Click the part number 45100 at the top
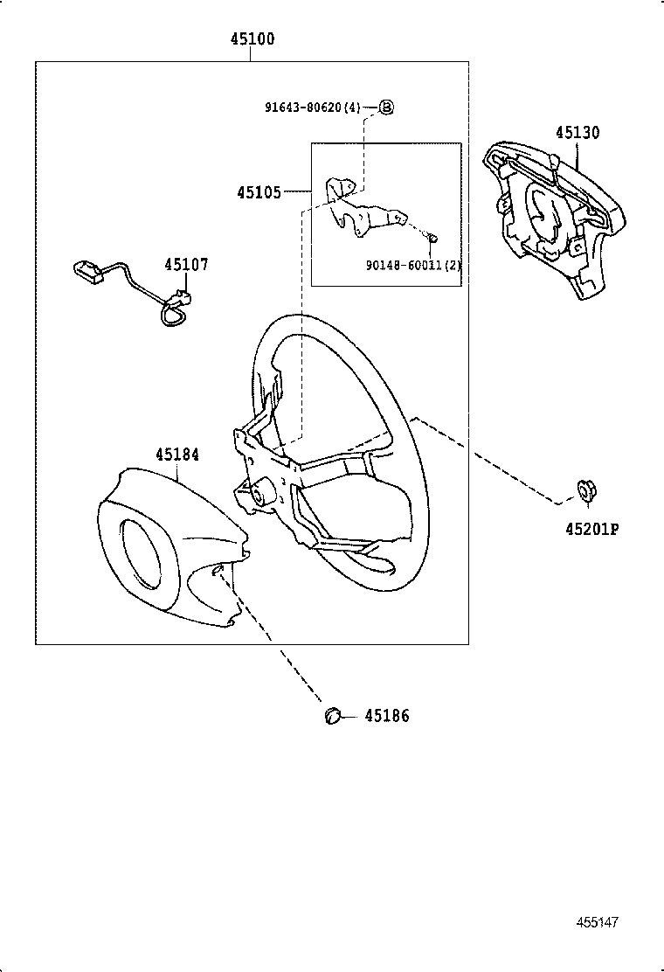(x=252, y=39)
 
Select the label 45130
(x=578, y=133)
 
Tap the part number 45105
(x=259, y=192)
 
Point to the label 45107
(x=186, y=265)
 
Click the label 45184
(x=177, y=455)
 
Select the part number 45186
(x=386, y=716)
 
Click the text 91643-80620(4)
(x=312, y=108)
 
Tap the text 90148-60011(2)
(x=413, y=266)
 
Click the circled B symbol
(x=386, y=108)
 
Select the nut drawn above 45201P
(x=584, y=492)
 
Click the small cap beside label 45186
(x=333, y=716)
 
